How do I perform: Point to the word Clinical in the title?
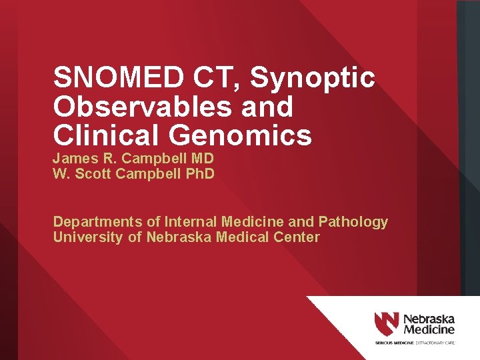tap(108, 135)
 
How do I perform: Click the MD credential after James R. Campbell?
tap(203, 160)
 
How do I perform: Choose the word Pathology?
tap(353, 222)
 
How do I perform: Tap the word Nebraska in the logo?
tap(429, 319)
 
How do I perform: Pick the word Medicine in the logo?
tap(429, 329)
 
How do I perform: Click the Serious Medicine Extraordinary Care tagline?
tap(413, 342)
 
